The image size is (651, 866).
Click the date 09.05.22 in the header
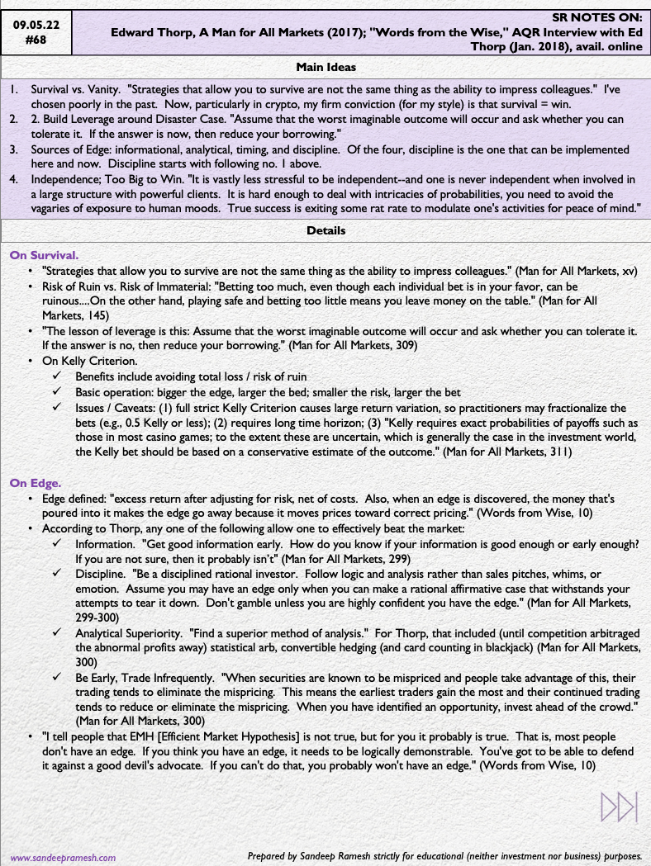point(36,25)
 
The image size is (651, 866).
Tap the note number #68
point(36,39)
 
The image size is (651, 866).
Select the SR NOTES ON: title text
point(597,17)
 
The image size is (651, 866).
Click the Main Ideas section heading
point(325,67)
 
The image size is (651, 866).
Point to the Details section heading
point(325,230)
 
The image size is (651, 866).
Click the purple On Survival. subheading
point(44,255)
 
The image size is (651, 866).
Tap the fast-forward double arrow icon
point(619,806)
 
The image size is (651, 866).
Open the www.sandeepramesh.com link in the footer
point(63,857)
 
